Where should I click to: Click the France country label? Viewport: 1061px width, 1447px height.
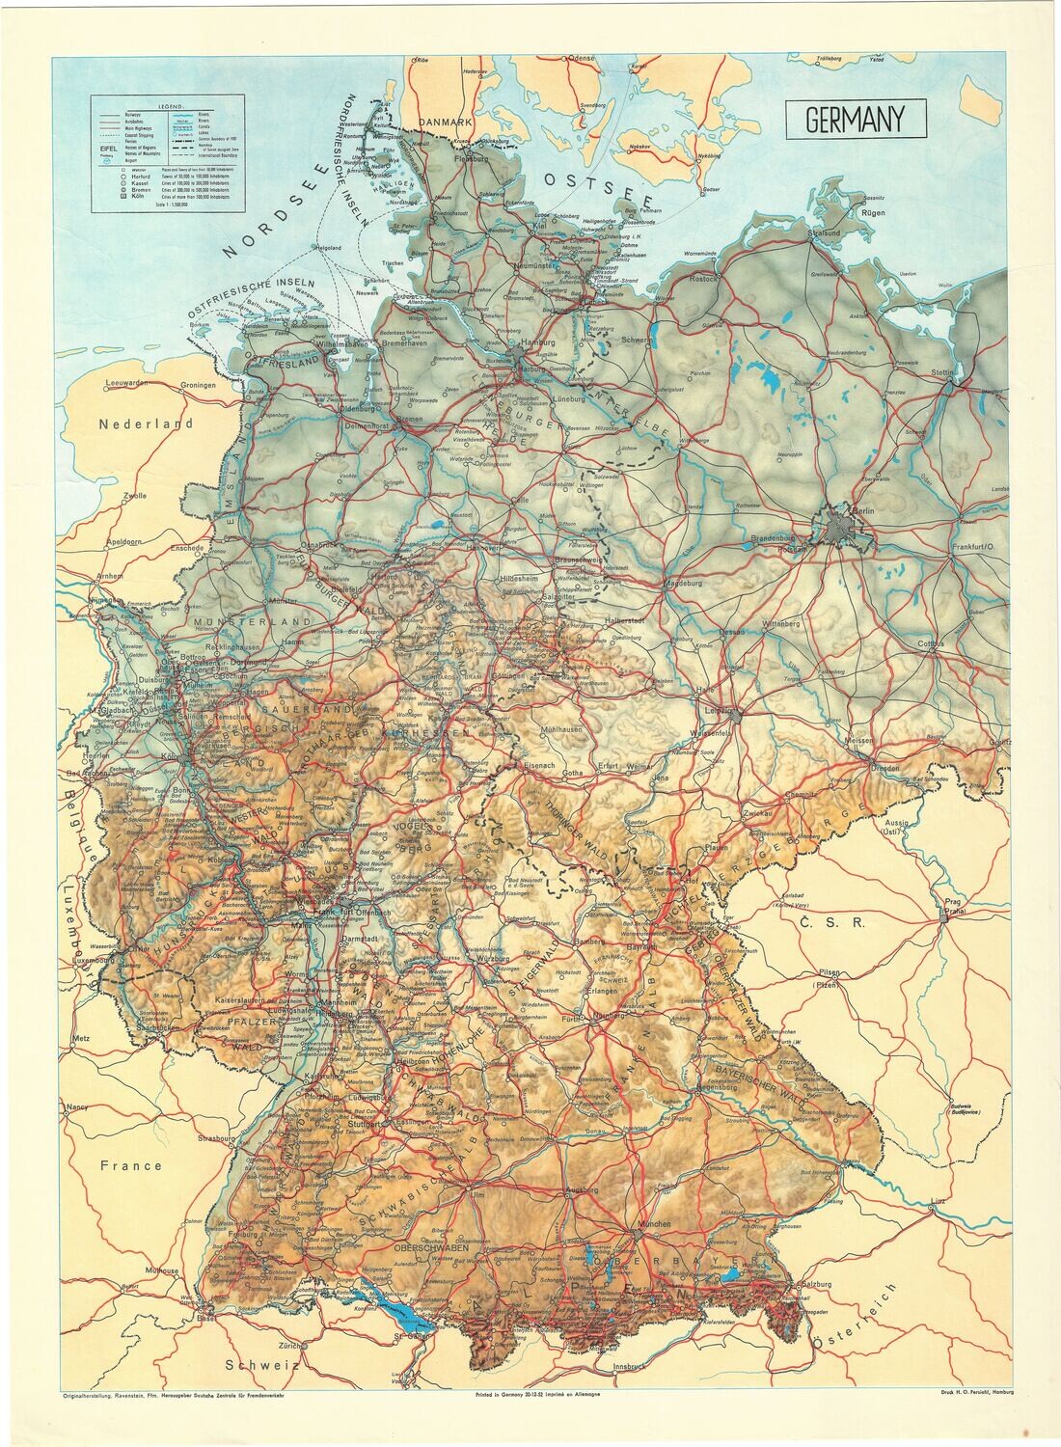click(132, 1164)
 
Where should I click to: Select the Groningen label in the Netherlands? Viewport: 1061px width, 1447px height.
click(199, 384)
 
